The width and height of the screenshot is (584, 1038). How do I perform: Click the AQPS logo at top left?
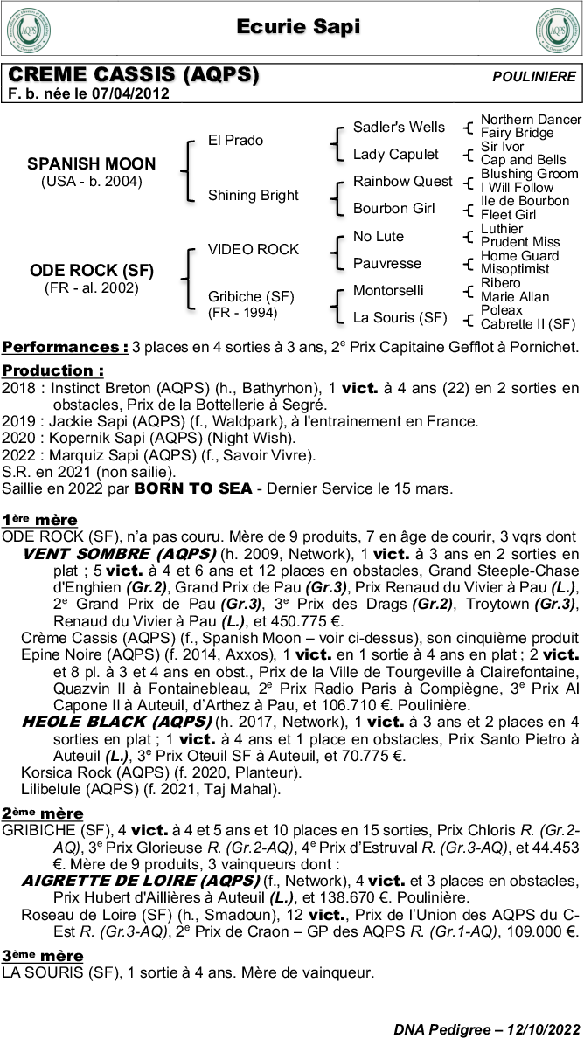(x=29, y=30)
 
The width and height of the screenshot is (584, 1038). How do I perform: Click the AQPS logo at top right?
(x=556, y=30)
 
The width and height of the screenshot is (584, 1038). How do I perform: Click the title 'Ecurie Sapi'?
(x=298, y=28)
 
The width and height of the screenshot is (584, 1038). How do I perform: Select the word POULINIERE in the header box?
(x=534, y=77)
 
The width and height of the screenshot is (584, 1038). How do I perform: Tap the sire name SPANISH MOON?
(x=92, y=164)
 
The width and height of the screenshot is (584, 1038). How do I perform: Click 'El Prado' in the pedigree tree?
(x=235, y=140)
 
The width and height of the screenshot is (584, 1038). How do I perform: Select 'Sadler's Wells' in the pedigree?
(x=399, y=127)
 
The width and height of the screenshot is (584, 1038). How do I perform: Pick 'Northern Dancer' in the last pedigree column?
(x=531, y=119)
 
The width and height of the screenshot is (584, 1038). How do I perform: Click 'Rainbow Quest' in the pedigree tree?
(x=402, y=182)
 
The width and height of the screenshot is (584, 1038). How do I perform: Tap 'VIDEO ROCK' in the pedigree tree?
(x=253, y=249)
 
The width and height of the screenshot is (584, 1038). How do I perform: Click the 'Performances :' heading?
(x=65, y=347)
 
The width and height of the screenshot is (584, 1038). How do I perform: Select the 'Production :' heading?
(x=52, y=370)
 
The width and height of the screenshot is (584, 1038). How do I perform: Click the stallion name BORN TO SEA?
(x=184, y=488)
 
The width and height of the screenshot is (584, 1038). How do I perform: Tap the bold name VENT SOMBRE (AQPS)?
(x=119, y=554)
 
